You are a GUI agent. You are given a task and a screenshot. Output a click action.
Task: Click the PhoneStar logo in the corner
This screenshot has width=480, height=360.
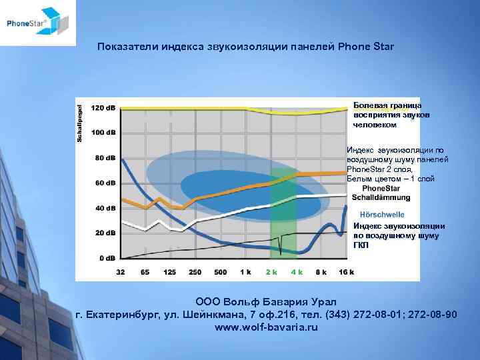[x=37, y=23]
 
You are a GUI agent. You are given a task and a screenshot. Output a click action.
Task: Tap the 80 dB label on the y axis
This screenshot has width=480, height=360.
[x=104, y=158]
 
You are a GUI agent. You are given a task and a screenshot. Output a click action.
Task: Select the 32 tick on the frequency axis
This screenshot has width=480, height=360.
[x=121, y=272]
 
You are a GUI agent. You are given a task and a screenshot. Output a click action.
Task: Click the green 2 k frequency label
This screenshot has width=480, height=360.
[x=271, y=272]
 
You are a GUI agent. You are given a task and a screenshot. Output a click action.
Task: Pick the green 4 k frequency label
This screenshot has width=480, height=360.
[x=296, y=272]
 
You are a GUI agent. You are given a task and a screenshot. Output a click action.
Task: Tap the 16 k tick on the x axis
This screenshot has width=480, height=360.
[x=346, y=272]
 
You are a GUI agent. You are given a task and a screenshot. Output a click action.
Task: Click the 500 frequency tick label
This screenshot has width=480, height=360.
[x=221, y=272]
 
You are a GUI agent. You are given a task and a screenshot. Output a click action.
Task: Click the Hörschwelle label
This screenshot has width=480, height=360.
[x=382, y=214]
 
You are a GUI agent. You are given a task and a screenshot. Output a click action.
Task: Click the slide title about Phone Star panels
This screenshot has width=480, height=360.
[x=245, y=47]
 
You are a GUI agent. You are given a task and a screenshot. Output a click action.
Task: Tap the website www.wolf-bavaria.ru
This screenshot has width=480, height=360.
[x=266, y=327]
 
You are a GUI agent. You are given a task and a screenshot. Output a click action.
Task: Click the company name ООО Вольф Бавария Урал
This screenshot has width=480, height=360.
[x=266, y=302]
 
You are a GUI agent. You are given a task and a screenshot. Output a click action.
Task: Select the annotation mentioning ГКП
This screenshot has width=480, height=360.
[x=398, y=235]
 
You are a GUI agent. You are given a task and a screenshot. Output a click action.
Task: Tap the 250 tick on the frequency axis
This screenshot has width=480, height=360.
[x=195, y=272]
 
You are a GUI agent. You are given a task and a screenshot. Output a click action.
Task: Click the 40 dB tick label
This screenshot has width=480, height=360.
[x=104, y=208]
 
